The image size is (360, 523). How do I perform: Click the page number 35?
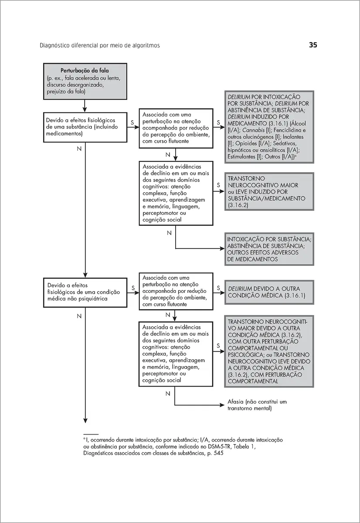pos(313,45)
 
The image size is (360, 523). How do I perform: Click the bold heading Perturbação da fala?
pos(85,71)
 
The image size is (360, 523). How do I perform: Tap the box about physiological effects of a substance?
pos(85,126)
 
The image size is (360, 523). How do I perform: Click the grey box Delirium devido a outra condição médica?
pos(269,292)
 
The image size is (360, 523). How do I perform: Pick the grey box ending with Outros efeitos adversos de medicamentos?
pos(269,249)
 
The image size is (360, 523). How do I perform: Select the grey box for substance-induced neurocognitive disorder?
pos(269,192)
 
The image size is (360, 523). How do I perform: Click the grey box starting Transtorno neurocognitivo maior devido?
pos(269,351)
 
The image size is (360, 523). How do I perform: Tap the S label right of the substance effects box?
pos(132,123)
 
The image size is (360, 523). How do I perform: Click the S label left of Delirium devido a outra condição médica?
pos(217,289)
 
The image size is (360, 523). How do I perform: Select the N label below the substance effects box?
pos(79,149)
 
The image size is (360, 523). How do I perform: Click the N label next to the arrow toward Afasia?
pos(168,394)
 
